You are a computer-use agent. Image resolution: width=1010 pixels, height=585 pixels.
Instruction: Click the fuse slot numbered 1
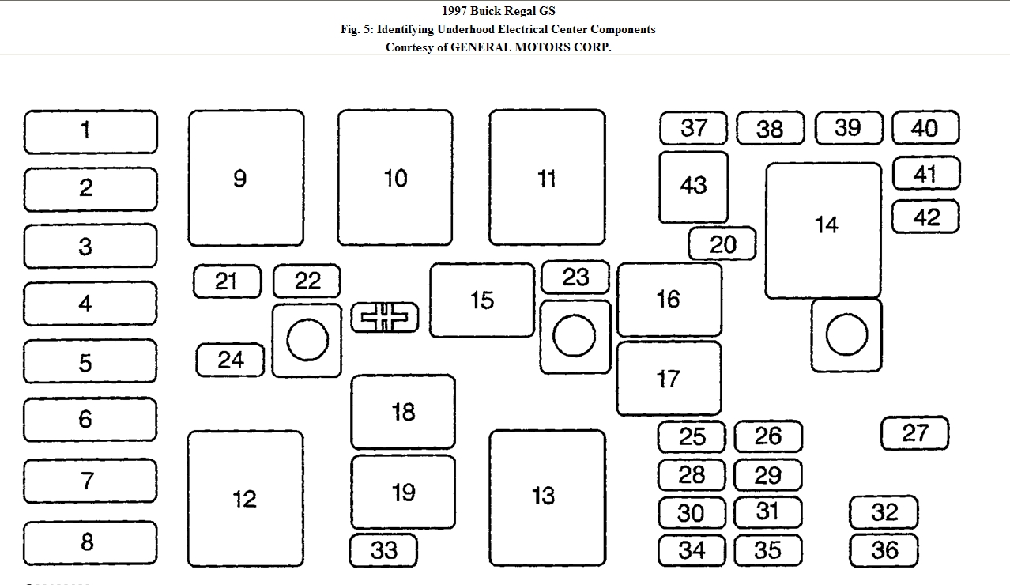[90, 131]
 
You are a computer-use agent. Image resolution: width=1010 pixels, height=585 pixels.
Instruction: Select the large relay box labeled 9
[246, 178]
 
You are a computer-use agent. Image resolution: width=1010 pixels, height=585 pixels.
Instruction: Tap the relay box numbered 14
[823, 229]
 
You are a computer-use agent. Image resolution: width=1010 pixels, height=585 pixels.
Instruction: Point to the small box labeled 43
[693, 187]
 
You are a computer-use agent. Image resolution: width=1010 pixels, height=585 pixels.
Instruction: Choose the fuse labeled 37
[693, 128]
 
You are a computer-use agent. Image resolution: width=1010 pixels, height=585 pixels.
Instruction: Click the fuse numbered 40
[925, 128]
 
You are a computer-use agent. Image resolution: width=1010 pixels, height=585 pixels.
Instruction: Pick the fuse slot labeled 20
[722, 244]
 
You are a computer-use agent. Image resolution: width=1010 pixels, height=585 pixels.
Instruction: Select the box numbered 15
[482, 300]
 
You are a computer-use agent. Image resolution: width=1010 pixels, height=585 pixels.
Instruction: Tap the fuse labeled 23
[575, 277]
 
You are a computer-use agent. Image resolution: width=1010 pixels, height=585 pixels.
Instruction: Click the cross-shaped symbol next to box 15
[385, 318]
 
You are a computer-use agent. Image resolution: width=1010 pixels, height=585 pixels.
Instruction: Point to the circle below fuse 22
[307, 341]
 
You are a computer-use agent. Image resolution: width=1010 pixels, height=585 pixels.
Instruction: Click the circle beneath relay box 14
[846, 335]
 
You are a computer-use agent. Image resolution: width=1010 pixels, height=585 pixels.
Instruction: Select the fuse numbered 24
[230, 360]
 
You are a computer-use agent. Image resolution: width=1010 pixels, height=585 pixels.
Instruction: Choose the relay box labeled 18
[403, 411]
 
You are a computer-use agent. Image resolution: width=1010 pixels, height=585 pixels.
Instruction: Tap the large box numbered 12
[245, 499]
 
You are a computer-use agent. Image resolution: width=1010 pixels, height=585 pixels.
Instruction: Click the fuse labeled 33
[383, 549]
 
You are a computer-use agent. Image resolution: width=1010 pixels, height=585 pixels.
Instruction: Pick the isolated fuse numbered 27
[914, 433]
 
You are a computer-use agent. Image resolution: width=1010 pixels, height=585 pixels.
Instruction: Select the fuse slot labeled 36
[884, 549]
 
